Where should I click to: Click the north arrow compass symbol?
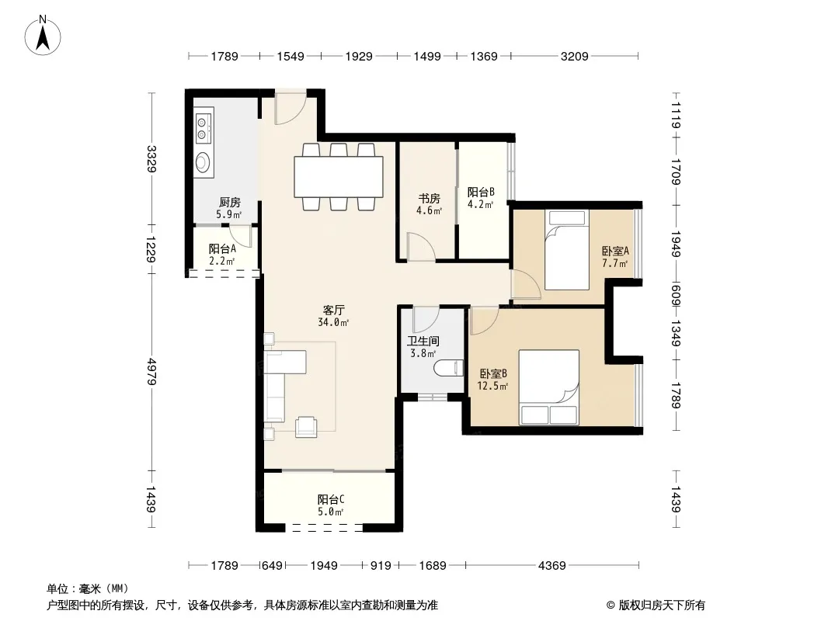click(43, 36)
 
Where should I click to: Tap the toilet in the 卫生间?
click(448, 368)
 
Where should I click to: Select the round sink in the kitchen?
click(202, 162)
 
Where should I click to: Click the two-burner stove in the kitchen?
click(202, 130)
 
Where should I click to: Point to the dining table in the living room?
click(339, 177)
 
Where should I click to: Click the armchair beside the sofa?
click(306, 426)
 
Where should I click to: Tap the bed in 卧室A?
click(566, 250)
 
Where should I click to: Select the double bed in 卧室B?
click(548, 387)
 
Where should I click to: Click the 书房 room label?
click(429, 199)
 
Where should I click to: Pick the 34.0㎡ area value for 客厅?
click(333, 322)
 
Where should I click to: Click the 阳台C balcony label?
click(331, 499)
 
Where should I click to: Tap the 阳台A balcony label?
click(222, 248)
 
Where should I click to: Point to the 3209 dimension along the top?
click(574, 56)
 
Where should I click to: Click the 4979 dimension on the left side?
click(152, 372)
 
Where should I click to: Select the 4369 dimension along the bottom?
click(551, 566)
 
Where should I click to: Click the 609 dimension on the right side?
click(676, 296)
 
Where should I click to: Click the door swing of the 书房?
click(422, 247)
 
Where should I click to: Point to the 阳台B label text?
click(481, 192)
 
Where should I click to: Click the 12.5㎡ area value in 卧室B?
click(492, 386)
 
